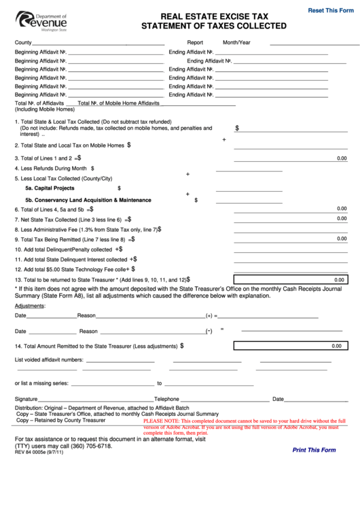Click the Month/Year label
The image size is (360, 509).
[236, 42]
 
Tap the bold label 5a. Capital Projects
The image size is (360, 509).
[50, 188]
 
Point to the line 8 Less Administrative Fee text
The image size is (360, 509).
[84, 230]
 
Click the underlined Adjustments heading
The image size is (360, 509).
[30, 306]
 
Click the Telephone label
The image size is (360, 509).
[166, 399]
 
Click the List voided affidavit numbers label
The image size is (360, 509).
[49, 359]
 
